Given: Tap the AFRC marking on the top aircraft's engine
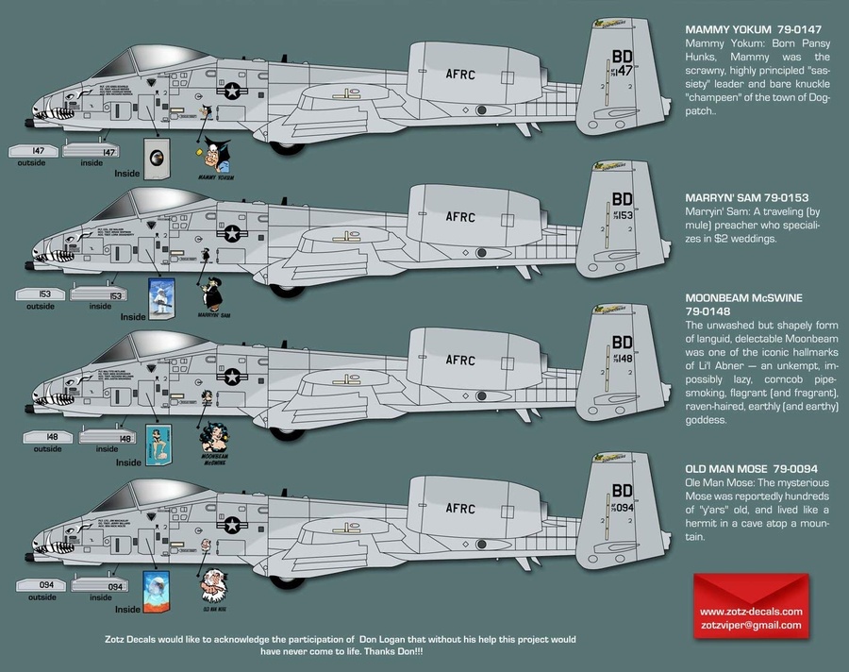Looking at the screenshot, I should click(x=466, y=72).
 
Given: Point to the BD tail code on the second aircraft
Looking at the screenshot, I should click(x=622, y=199).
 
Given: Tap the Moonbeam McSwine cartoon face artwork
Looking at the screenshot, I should click(x=214, y=437).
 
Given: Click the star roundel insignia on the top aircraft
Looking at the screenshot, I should click(x=230, y=92).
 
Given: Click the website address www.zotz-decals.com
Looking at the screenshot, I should click(x=751, y=611).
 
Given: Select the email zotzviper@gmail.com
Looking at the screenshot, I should click(x=751, y=625).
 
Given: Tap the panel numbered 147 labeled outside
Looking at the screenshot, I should click(x=31, y=150).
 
